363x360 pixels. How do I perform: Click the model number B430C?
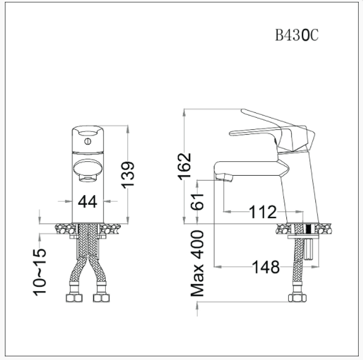(x=296, y=36)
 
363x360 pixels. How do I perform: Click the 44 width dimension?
(x=88, y=202)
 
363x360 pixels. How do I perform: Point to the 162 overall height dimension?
(x=185, y=166)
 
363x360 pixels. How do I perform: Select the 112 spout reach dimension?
(x=262, y=212)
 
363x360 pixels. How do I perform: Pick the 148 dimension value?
(x=266, y=266)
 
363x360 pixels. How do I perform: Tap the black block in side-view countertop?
(x=309, y=229)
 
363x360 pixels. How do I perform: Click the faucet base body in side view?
(x=299, y=187)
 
